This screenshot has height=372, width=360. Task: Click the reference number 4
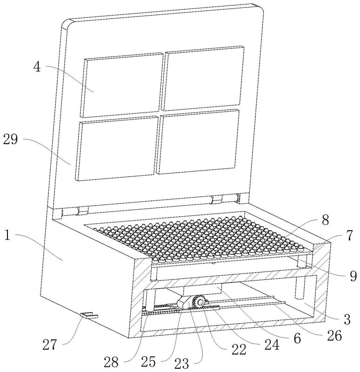(37, 66)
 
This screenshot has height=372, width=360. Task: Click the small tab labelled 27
(89, 315)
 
